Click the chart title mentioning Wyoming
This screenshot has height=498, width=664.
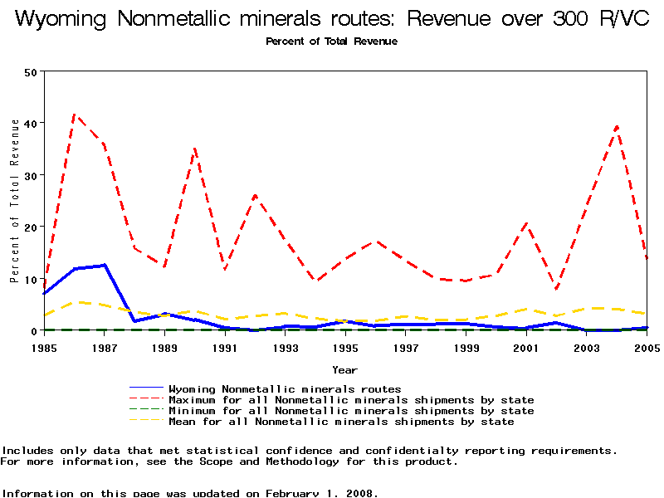tap(332, 20)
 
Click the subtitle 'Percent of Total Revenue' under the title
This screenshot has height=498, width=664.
tap(331, 41)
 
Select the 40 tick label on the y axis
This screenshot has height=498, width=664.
tap(32, 123)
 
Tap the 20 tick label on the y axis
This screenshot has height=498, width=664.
tap(32, 227)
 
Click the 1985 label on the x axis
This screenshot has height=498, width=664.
tap(44, 348)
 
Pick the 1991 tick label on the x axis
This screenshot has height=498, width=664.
tap(225, 348)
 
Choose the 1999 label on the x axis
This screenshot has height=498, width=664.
tap(466, 348)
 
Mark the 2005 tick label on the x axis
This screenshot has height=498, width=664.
tap(646, 348)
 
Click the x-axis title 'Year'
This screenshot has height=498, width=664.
tap(344, 369)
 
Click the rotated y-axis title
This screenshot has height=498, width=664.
tap(14, 201)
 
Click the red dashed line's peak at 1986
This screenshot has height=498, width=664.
tap(75, 114)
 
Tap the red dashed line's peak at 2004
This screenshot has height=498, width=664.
tap(617, 125)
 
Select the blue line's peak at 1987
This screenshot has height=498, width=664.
tap(105, 265)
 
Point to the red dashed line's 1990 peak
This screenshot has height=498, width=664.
tap(195, 149)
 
